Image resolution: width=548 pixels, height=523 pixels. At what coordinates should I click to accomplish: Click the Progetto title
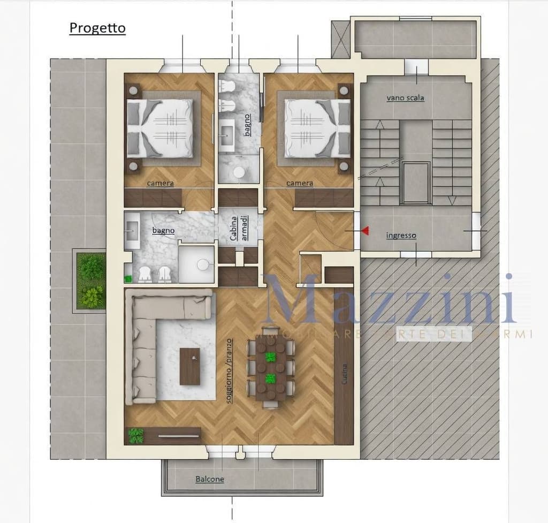pyautogui.click(x=97, y=28)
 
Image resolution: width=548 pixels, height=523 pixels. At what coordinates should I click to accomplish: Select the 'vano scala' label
pyautogui.click(x=405, y=98)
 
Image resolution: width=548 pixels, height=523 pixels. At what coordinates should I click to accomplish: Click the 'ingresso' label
pyautogui.click(x=401, y=236)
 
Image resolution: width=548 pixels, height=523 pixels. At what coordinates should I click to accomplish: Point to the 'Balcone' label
pyautogui.click(x=210, y=479)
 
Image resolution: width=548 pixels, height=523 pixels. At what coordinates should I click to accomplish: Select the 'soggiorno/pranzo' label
pyautogui.click(x=230, y=370)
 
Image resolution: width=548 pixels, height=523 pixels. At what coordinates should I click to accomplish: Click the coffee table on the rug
pyautogui.click(x=189, y=366)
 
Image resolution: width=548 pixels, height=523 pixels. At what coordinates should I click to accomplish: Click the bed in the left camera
pyautogui.click(x=161, y=128)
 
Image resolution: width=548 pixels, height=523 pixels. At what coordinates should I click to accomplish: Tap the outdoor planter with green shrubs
pyautogui.click(x=90, y=281)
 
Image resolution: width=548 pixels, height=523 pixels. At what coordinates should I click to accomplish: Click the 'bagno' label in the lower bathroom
pyautogui.click(x=163, y=231)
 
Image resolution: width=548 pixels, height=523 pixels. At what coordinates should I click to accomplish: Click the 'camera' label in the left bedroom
pyautogui.click(x=161, y=184)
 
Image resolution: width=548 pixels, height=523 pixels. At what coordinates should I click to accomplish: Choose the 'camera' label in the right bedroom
pyautogui.click(x=300, y=183)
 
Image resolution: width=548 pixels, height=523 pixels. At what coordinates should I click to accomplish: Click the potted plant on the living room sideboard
pyautogui.click(x=136, y=435)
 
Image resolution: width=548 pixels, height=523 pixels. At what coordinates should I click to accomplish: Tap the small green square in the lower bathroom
pyautogui.click(x=128, y=278)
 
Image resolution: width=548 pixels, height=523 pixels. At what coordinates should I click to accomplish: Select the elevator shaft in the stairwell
pyautogui.click(x=416, y=183)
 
